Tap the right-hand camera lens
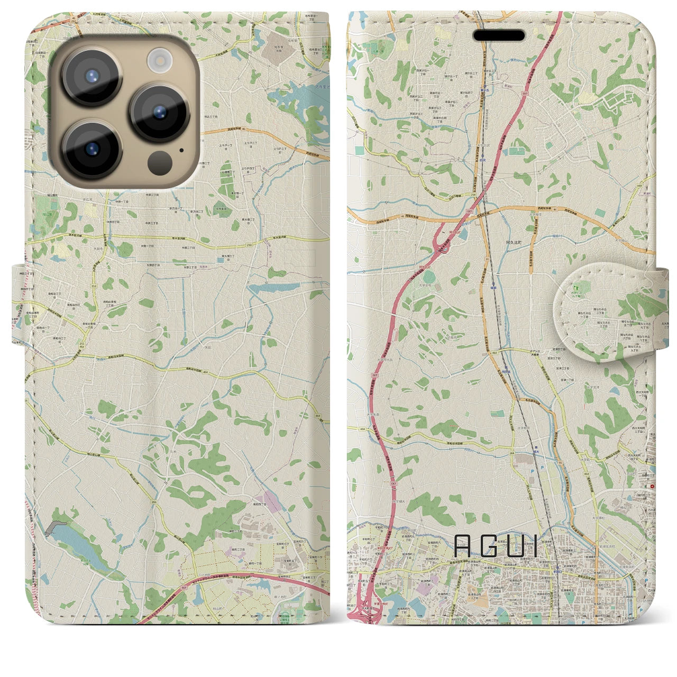[x=159, y=112]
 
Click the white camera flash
[x=159, y=60]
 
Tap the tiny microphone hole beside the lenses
[x=182, y=150]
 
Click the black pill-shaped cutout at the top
[x=499, y=35]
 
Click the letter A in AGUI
[x=462, y=546]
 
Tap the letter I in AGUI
[x=535, y=546]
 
